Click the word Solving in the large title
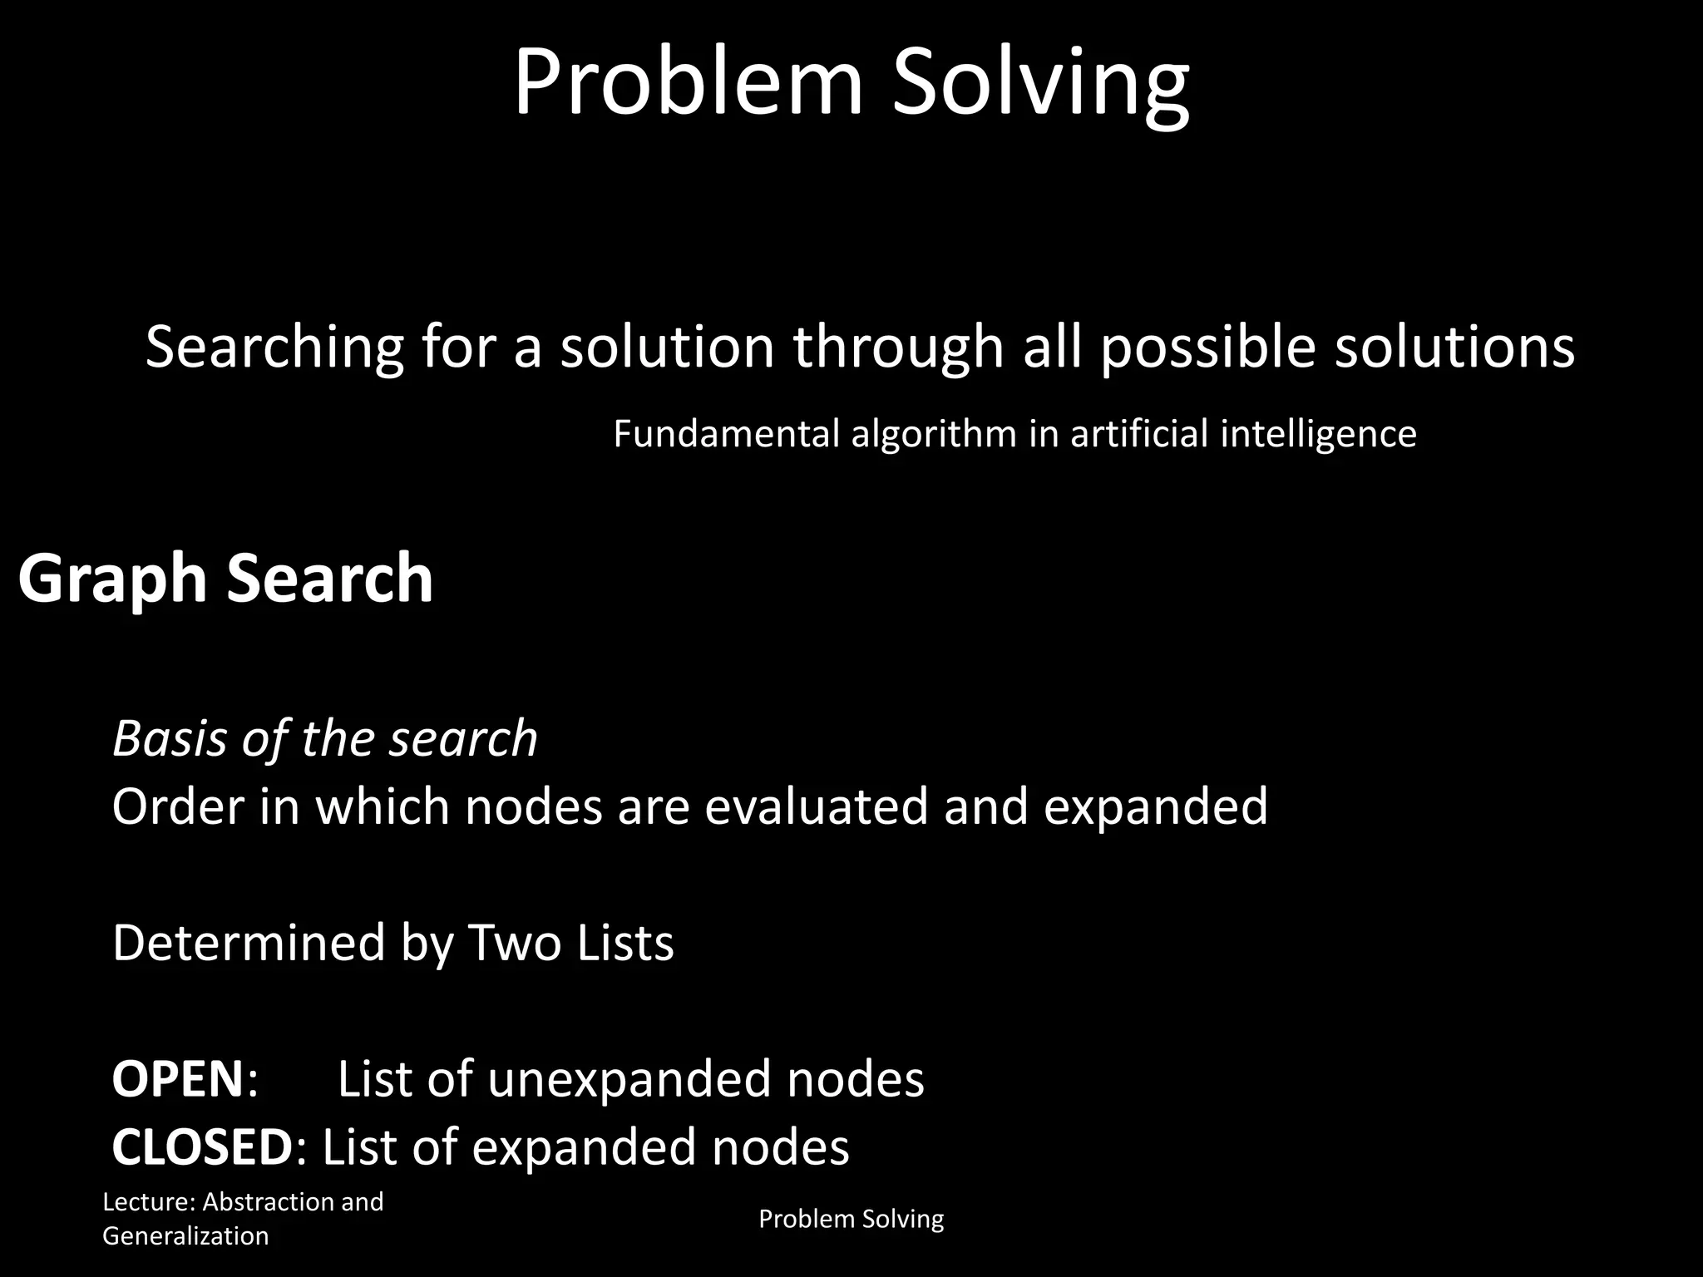(1040, 84)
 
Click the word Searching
(274, 347)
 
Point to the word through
(898, 347)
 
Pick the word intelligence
(1318, 434)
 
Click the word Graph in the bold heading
(111, 579)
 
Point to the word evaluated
(816, 806)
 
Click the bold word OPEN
(177, 1079)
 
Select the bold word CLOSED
(202, 1147)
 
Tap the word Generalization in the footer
(185, 1236)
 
